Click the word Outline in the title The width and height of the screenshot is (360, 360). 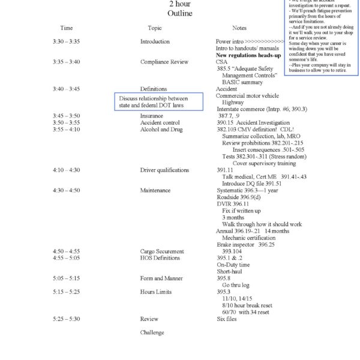click(180, 13)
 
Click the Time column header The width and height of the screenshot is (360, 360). click(67, 28)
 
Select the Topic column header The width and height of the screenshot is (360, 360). click(155, 28)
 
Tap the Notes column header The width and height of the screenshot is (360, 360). click(239, 28)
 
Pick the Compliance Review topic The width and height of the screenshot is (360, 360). click(164, 62)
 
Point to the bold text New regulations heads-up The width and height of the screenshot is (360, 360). click(248, 55)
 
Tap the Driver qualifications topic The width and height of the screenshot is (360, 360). click(164, 170)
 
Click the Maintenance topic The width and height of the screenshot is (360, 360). click(155, 190)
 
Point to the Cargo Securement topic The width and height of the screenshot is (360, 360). click(162, 251)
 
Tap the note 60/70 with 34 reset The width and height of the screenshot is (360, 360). click(245, 312)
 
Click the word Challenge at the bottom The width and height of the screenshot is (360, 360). click(152, 332)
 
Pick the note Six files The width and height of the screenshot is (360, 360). click(227, 319)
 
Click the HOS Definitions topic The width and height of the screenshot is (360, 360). click(160, 258)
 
